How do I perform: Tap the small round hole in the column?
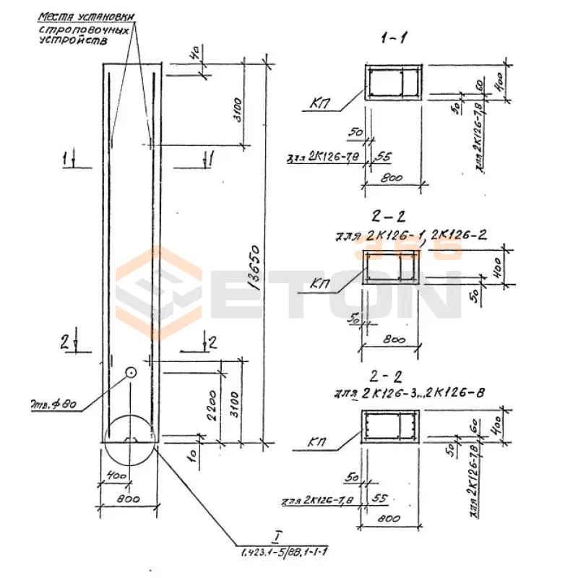(x=131, y=373)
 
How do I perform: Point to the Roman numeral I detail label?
(x=277, y=535)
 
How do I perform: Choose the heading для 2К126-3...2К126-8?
(x=409, y=394)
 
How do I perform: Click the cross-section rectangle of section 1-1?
(x=394, y=84)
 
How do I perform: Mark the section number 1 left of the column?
(x=67, y=156)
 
